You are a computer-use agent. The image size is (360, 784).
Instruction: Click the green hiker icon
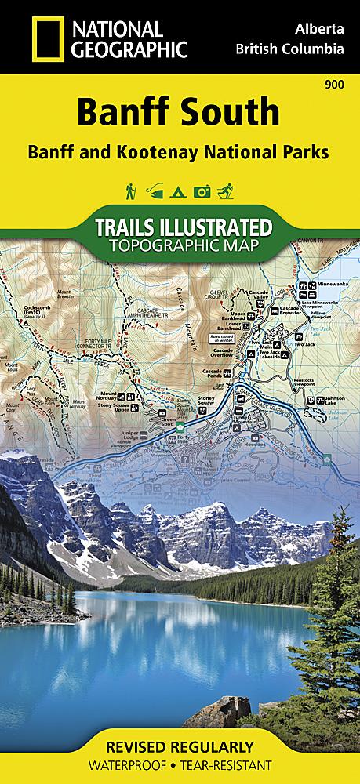click(x=130, y=191)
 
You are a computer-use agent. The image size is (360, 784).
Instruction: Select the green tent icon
click(x=179, y=191)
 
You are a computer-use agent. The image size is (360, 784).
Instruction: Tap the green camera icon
click(x=202, y=191)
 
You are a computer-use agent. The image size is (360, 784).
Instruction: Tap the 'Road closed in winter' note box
click(x=222, y=338)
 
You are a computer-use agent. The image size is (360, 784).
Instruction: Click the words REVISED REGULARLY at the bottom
click(x=180, y=745)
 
